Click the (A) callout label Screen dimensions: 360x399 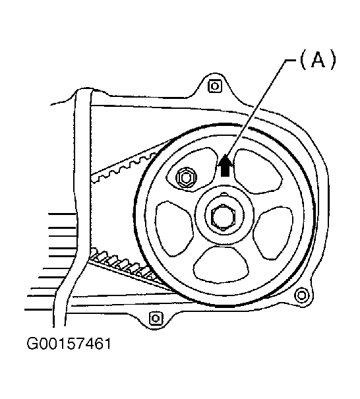point(318,59)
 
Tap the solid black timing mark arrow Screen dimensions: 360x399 point(225,165)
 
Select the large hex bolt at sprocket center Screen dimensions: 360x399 point(224,217)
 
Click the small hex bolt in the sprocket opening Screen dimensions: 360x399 point(186,177)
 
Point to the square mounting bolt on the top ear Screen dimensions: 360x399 point(215,86)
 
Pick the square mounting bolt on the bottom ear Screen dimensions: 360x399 point(156,318)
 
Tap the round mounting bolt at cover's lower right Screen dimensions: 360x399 point(302,295)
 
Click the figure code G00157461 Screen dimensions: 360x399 point(69,344)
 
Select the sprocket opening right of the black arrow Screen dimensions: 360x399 point(257,171)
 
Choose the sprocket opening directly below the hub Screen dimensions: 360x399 point(221,265)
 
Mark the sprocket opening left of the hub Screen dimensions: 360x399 point(173,228)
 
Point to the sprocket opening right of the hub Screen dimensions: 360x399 point(273,233)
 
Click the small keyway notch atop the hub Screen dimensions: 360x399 point(224,194)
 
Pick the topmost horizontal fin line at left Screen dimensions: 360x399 point(62,214)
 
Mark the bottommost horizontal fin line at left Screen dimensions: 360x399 point(38,310)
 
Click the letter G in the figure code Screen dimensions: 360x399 point(32,344)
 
